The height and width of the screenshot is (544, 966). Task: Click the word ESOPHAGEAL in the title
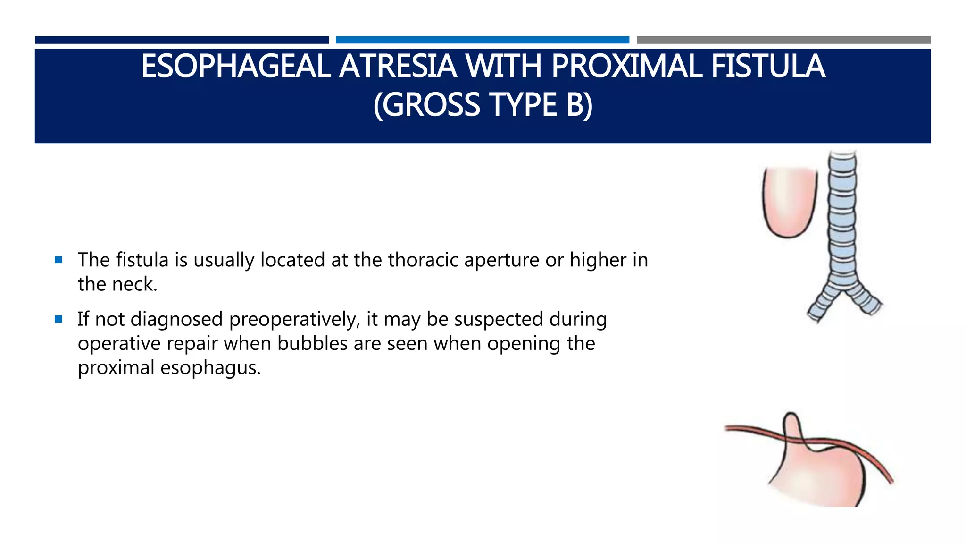236,67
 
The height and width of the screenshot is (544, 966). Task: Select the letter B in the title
575,105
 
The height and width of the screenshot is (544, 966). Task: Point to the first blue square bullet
58,260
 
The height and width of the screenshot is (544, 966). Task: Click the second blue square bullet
58,319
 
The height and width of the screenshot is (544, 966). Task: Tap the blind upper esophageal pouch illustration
789,201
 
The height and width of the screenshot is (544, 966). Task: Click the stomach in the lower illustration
821,477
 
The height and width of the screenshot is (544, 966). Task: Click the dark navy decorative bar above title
182,40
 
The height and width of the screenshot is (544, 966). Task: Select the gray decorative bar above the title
783,40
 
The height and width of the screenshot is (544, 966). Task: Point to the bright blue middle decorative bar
482,40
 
